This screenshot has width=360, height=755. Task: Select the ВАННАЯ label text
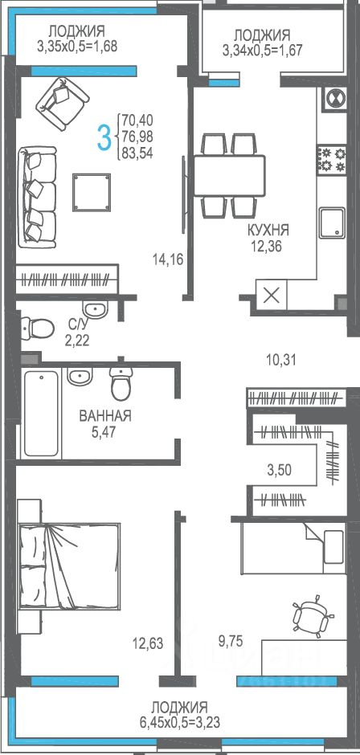click(x=105, y=415)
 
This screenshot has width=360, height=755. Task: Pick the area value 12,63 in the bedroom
click(x=148, y=643)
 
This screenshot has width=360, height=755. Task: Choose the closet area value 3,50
click(x=279, y=469)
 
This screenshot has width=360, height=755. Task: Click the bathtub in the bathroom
click(x=42, y=413)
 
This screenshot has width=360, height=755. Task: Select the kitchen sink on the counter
click(x=332, y=222)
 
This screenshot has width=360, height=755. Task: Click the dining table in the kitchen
click(x=229, y=175)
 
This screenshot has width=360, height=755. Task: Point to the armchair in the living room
click(x=63, y=104)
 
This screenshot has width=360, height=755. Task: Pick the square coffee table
click(x=92, y=192)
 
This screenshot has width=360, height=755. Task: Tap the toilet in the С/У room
click(x=37, y=329)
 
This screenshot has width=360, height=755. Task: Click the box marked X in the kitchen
click(x=272, y=295)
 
